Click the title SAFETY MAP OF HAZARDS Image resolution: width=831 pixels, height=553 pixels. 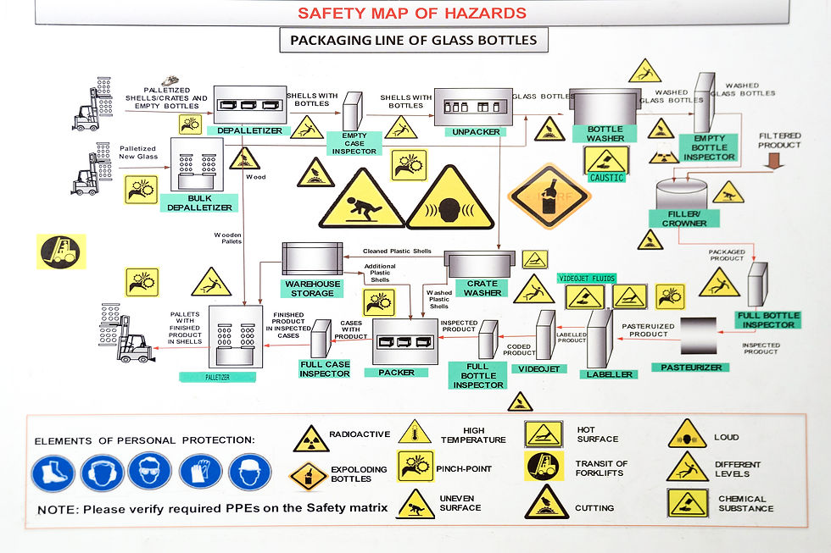point(412,13)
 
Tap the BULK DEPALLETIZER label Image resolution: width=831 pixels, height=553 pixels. point(200,202)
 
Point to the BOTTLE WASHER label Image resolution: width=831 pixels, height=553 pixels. point(605,134)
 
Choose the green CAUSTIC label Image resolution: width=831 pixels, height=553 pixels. point(606,178)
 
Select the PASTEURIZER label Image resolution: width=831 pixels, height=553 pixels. point(691,367)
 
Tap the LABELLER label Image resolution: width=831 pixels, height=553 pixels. point(609,374)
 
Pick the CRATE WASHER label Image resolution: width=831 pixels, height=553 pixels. point(482,288)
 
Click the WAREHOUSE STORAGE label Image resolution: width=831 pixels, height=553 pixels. point(313,289)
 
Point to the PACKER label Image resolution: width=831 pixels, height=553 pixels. point(397,372)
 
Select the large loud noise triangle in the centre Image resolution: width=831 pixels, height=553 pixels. point(449,200)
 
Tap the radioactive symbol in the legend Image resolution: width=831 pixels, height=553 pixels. point(310,438)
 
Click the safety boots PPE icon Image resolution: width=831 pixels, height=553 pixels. point(53,473)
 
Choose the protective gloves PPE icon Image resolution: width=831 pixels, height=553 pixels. point(200,473)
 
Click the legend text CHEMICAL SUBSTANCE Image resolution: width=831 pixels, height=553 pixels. point(742,503)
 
